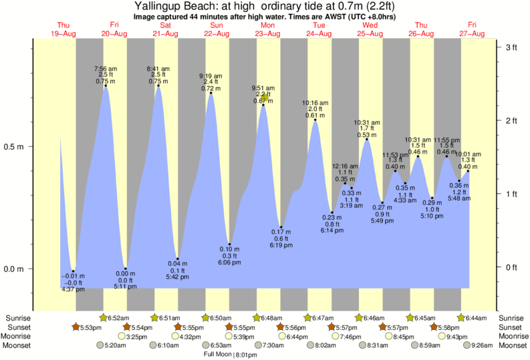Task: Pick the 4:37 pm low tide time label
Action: point(74,289)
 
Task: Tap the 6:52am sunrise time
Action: point(118,317)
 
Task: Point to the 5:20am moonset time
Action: point(114,345)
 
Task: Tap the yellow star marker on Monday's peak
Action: point(265,98)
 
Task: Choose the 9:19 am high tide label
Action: point(211,75)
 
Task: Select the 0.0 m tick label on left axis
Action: point(15,269)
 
